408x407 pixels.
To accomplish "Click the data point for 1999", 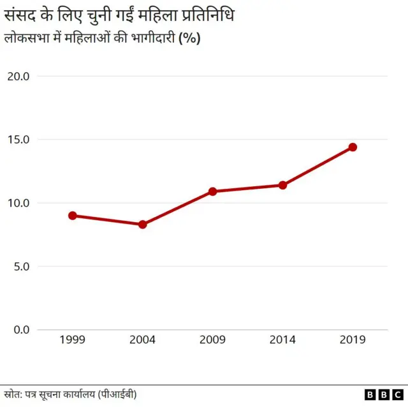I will (x=73, y=216).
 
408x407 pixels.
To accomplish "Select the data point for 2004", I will (x=143, y=225).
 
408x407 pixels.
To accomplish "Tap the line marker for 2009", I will (x=213, y=191).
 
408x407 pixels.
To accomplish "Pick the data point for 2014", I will (x=282, y=185).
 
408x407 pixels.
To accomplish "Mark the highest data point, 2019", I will (x=353, y=147).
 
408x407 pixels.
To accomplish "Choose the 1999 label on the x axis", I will (x=73, y=340).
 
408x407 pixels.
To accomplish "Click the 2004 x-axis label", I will (x=143, y=340).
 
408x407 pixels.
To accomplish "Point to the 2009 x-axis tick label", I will (x=213, y=340).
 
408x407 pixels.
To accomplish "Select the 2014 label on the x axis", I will (x=282, y=340).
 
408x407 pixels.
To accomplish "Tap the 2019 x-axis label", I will (x=353, y=340).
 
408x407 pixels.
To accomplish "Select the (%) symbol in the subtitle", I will (x=189, y=38).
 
